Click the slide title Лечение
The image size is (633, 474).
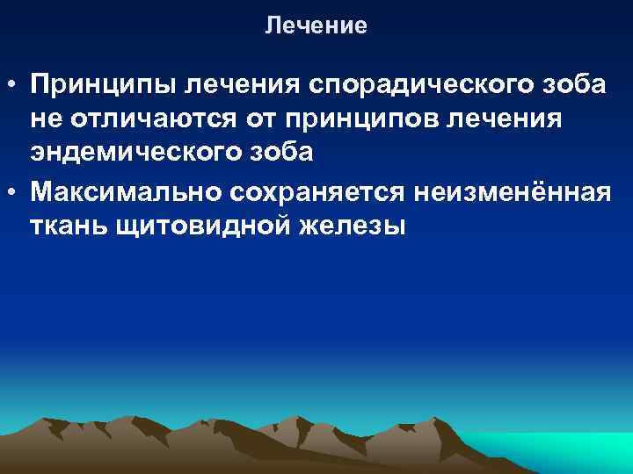316,26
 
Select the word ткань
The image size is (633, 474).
68,223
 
